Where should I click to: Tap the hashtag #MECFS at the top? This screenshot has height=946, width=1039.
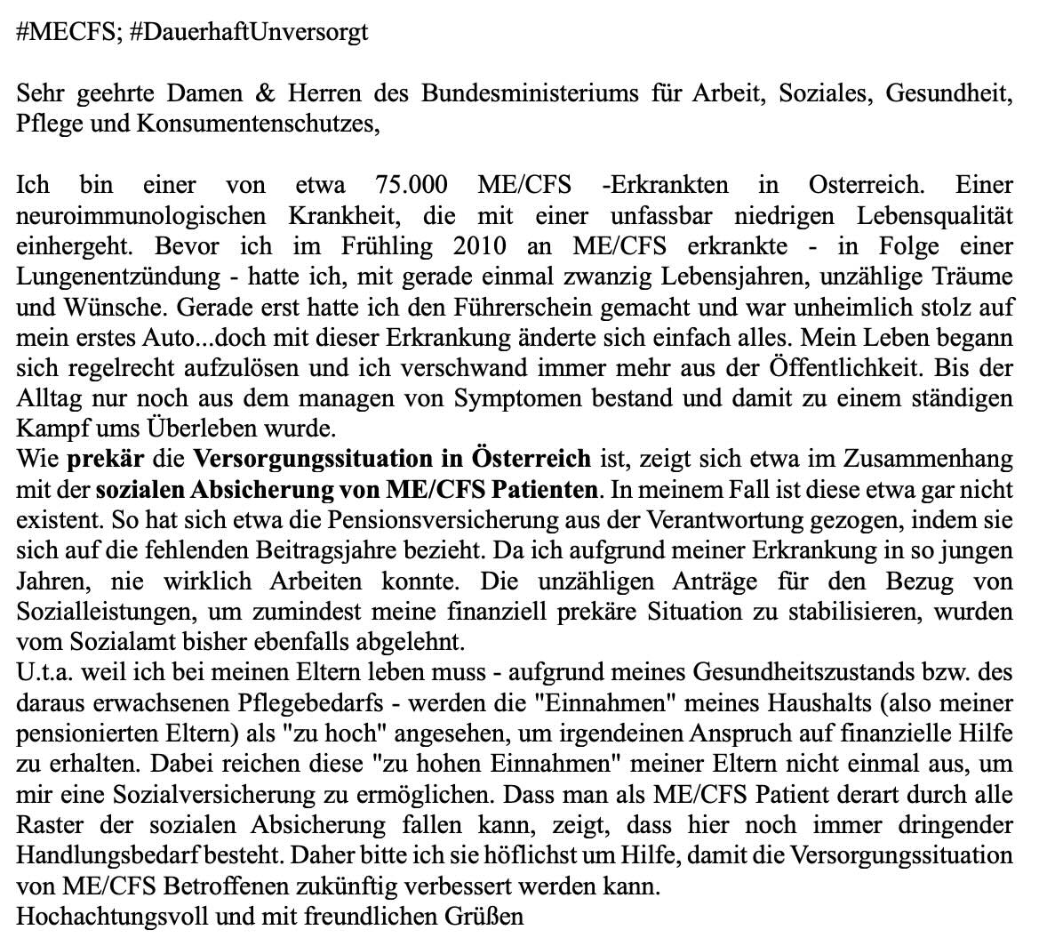click(x=67, y=34)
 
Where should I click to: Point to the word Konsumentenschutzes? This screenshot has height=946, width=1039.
click(x=258, y=124)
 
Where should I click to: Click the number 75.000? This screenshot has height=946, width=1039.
click(x=413, y=185)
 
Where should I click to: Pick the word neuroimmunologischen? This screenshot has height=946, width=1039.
click(x=141, y=215)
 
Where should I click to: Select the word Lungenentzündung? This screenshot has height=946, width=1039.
click(x=118, y=277)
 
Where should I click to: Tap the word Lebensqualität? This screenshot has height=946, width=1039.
click(x=934, y=215)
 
